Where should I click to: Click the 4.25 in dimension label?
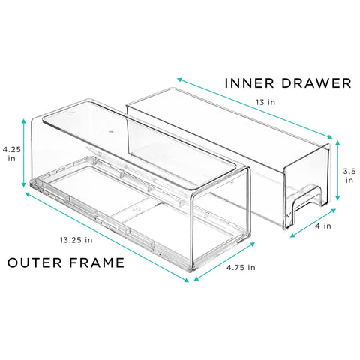point(10,154)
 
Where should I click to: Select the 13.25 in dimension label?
point(78,240)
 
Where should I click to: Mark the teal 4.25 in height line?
point(24,153)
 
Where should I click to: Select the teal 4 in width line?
point(310,223)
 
